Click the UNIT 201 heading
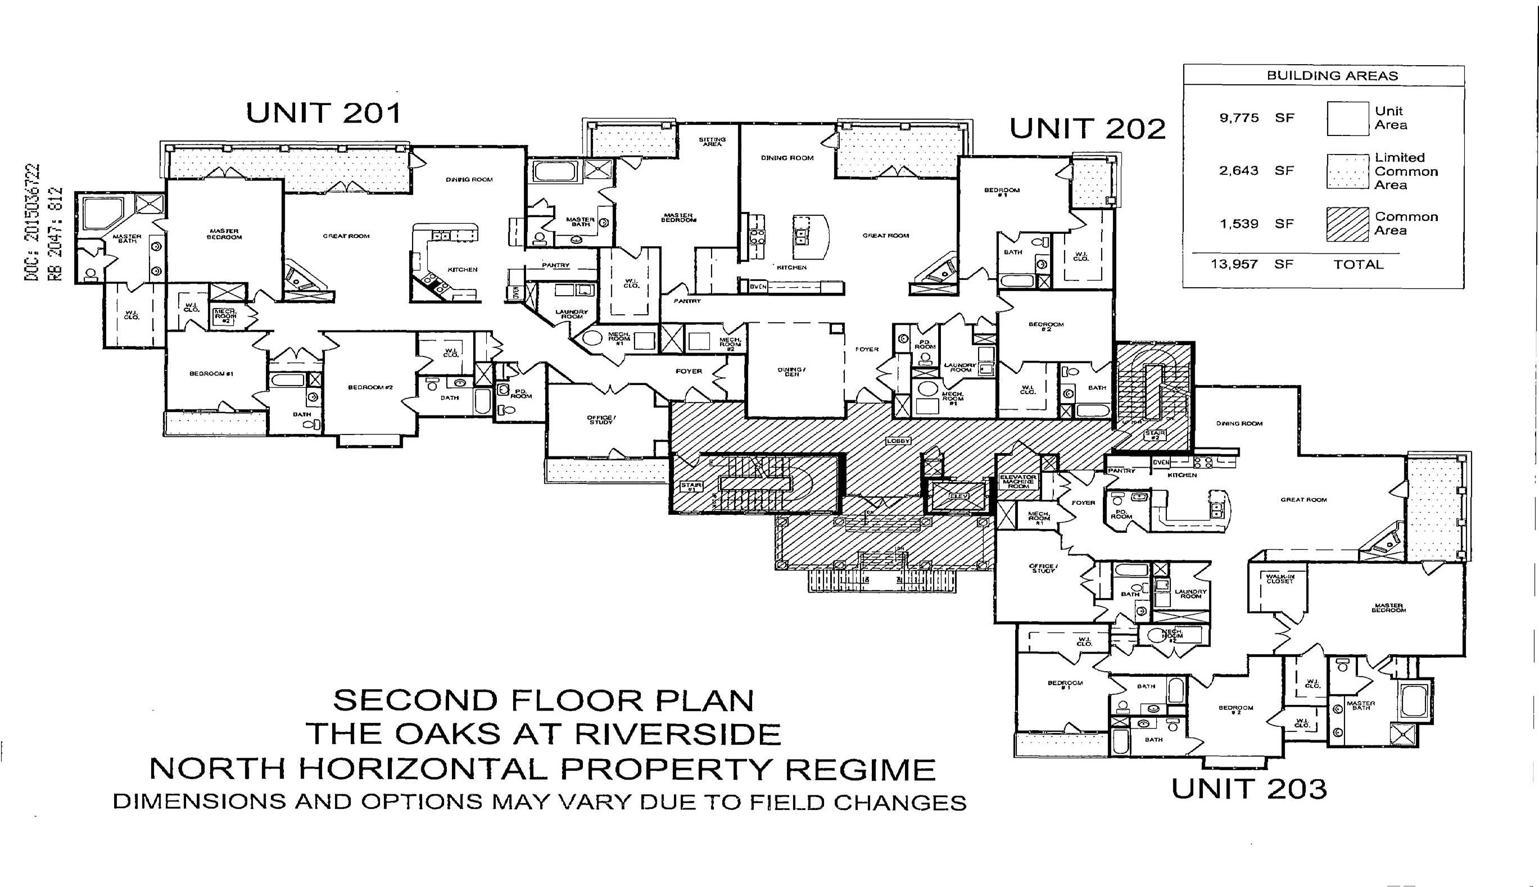pos(323,114)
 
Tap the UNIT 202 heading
pos(1088,129)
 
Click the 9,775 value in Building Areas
pos(1239,118)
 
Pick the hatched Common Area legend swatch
pos(1347,224)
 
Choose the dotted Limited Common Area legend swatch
pos(1347,171)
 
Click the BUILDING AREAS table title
pos(1332,76)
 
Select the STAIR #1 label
pos(691,487)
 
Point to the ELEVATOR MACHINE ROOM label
pos(1018,481)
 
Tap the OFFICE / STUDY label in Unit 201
pos(601,420)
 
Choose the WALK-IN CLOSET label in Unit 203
pos(1279,578)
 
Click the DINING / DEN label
pos(792,372)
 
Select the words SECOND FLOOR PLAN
pos(542,700)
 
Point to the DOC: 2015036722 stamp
pos(32,223)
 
